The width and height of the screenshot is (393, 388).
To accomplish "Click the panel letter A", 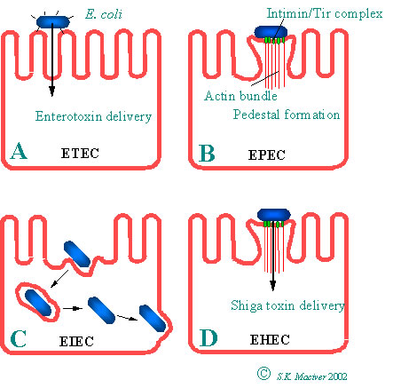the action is tap(19, 151).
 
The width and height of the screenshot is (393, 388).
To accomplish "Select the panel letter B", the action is tap(207, 153).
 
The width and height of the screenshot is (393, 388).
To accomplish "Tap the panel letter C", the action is tap(18, 338).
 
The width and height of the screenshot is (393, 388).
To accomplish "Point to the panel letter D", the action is tap(208, 338).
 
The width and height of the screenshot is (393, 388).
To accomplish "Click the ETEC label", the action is tap(80, 154).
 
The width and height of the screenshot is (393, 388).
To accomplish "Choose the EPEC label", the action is tap(267, 154).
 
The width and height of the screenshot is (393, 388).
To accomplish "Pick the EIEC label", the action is tap(76, 341).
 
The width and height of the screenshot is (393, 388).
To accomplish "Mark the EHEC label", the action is tap(270, 339).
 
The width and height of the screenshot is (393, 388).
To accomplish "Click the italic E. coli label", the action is tap(104, 14).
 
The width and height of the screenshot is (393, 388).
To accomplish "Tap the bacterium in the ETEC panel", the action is tap(52, 22).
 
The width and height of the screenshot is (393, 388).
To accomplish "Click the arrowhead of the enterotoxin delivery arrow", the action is tap(52, 91).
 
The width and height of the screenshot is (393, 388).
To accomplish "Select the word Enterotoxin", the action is tap(68, 116).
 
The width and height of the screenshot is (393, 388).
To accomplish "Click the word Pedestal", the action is tap(256, 115).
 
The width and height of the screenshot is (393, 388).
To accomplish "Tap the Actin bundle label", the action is tap(240, 96).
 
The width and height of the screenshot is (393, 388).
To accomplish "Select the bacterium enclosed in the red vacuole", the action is tap(38, 303).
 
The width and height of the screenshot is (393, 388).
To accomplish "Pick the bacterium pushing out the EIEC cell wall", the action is tap(153, 318).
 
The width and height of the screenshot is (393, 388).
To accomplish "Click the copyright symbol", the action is tap(263, 374).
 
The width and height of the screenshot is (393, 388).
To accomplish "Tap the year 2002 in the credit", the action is tap(337, 376).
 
